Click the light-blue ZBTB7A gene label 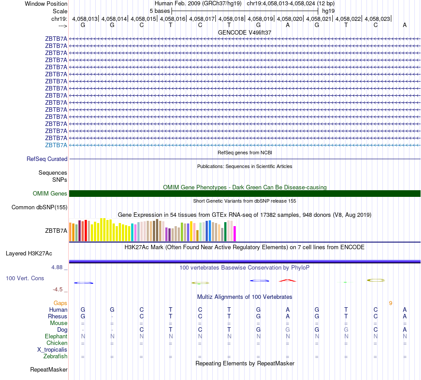pos(56,145)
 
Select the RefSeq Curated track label pos(47,159)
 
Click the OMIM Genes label pos(50,193)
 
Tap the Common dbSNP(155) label pos(39,207)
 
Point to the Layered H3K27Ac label pos(29,254)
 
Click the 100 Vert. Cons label pos(25,278)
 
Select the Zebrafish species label pos(55,356)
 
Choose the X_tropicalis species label pos(52,349)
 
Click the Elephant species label pos(56,337)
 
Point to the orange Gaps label pos(60,303)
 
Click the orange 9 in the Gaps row pos(390,303)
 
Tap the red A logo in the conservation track pos(288,280)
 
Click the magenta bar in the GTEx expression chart pos(235,233)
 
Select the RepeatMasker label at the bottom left pos(49,369)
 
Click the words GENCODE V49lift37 pos(245,32)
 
